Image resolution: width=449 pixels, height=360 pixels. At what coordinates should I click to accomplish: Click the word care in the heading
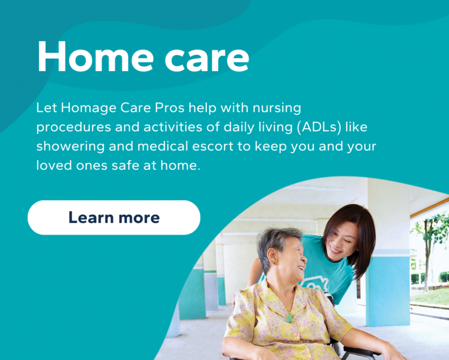click(207, 60)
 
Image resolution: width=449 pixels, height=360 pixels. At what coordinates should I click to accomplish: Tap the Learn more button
click(114, 217)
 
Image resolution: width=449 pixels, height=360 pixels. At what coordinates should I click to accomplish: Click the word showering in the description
click(70, 147)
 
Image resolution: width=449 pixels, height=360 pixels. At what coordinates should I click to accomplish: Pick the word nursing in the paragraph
click(277, 108)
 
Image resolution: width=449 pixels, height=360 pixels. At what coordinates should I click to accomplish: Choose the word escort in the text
click(212, 147)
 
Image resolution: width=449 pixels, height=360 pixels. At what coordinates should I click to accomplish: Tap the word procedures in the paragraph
click(73, 128)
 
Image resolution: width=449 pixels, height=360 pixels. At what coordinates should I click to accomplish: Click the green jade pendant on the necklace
click(289, 317)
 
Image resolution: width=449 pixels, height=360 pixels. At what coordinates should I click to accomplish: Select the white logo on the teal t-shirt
click(314, 283)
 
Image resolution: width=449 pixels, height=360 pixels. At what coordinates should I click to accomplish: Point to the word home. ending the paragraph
click(180, 166)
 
